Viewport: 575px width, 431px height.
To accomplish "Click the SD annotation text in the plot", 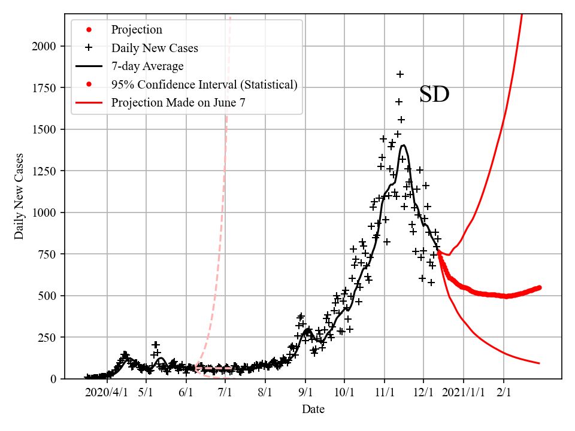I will [434, 95].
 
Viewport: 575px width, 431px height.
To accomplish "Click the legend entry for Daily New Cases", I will [154, 48].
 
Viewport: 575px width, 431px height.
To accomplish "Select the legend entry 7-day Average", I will [147, 66].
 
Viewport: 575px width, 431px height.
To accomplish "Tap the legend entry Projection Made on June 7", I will [178, 102].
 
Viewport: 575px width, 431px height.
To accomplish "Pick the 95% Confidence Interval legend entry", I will [204, 84].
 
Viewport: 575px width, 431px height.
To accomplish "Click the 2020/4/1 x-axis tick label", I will [107, 393].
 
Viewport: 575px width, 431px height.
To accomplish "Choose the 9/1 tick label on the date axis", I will [305, 393].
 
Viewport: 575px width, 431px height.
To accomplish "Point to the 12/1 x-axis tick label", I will [423, 393].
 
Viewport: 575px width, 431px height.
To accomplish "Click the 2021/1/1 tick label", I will [463, 393].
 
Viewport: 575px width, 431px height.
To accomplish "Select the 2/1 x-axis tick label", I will [504, 393].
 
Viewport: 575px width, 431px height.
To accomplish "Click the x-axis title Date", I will [313, 409].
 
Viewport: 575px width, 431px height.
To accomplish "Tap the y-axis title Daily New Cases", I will [20, 196].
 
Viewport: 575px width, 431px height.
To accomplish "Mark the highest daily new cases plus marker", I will [400, 74].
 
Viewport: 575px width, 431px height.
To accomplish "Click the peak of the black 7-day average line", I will [404, 145].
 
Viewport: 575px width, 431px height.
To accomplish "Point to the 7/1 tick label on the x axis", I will [225, 393].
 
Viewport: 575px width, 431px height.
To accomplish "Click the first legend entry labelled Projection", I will [137, 29].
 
